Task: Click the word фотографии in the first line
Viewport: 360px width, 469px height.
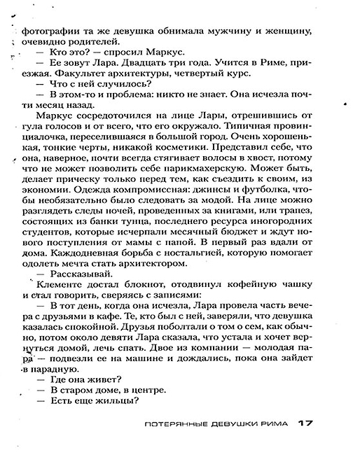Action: click(46, 30)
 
